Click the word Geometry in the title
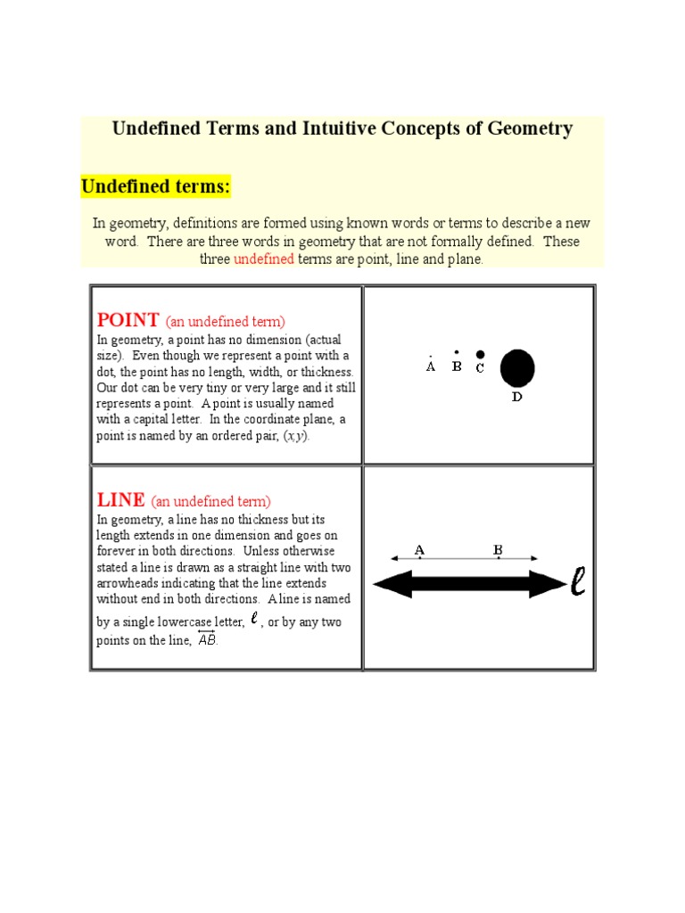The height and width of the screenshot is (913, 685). coord(530,128)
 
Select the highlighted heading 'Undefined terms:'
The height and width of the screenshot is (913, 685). coord(155,186)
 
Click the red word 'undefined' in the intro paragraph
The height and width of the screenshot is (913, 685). coord(263,259)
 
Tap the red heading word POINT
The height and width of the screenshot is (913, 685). coord(128,320)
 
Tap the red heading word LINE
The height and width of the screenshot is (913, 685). coord(120,500)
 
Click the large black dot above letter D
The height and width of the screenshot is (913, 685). coord(517,367)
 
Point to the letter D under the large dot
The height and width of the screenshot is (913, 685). coord(517,397)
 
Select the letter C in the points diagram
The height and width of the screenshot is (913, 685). coord(480,368)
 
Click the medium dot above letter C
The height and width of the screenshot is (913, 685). coord(480,354)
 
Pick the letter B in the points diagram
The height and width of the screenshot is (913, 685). coord(457,366)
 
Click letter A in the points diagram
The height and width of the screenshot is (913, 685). coord(431,366)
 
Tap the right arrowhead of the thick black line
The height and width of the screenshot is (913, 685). coord(547,584)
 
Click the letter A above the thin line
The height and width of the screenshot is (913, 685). coord(419,550)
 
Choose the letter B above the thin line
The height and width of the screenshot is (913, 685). coord(499,550)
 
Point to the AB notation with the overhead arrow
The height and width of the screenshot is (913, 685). coord(206,639)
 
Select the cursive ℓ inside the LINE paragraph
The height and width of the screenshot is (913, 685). coord(255,619)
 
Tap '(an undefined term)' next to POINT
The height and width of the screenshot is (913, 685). coord(225,322)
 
